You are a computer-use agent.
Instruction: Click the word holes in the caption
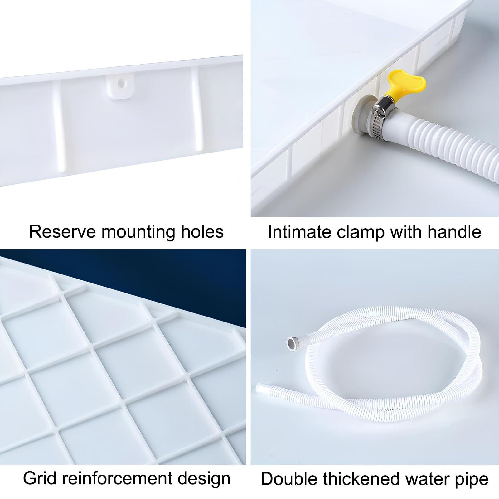205,232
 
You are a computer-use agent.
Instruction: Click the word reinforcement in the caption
120,479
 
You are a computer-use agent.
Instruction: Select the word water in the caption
424,479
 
